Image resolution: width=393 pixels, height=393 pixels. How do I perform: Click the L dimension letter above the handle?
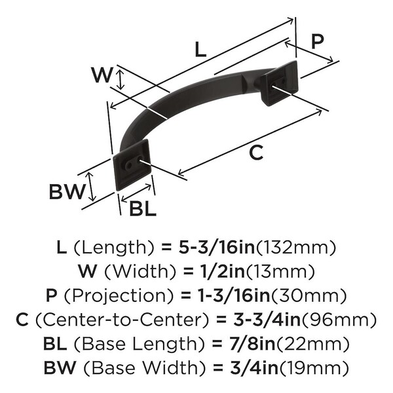click(200, 49)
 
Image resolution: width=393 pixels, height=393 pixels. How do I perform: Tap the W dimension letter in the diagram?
click(102, 75)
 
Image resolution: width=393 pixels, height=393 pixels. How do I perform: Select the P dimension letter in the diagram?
click(318, 41)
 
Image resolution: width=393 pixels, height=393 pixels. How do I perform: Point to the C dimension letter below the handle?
click(256, 153)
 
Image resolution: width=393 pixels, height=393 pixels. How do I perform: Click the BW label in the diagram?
click(67, 192)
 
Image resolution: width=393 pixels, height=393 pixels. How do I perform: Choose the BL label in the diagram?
click(143, 209)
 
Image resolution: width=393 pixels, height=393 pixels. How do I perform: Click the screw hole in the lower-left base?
click(128, 166)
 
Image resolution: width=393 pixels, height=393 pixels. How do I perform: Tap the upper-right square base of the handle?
click(279, 83)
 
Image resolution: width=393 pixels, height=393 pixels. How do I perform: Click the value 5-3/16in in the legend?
click(217, 248)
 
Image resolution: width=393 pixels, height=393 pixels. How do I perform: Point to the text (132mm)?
click(296, 248)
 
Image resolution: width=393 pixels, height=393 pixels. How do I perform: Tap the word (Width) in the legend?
click(140, 272)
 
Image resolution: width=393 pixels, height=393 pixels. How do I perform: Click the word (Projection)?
click(119, 296)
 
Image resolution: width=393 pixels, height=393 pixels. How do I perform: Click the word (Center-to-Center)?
click(122, 320)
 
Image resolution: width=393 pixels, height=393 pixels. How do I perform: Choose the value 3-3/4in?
click(267, 320)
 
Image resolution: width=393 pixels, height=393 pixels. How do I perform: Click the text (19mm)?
click(314, 368)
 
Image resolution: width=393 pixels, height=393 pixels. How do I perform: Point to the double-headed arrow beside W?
click(121, 80)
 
